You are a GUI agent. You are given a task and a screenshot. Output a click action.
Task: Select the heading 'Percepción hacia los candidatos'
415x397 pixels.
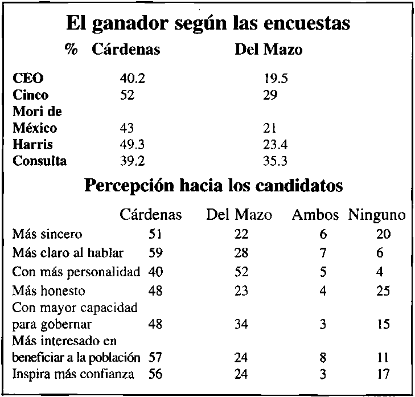tap(213, 186)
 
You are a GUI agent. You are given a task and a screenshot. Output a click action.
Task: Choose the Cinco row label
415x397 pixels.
tap(31, 95)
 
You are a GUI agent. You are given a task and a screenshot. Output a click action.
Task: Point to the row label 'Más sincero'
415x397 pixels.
tap(47, 234)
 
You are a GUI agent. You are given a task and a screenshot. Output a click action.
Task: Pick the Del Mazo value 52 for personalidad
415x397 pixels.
tap(240, 272)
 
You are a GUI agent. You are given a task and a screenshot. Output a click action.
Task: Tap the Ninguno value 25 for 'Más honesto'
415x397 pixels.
tap(383, 290)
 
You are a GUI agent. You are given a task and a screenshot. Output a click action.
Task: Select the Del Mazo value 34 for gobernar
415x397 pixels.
tap(240, 325)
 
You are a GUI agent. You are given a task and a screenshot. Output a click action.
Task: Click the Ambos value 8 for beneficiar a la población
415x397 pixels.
tap(323, 359)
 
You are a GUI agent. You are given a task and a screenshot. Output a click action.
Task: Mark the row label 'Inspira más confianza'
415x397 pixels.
tap(73, 374)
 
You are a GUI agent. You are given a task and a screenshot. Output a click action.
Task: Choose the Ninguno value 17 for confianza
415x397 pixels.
tap(383, 374)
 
